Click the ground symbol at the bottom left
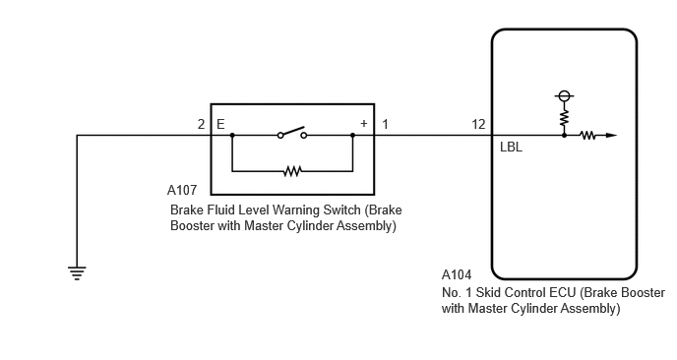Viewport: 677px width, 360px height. click(x=77, y=273)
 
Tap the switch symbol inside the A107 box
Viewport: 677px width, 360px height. click(x=292, y=133)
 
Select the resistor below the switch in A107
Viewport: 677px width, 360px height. click(x=292, y=171)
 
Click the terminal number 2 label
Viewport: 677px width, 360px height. click(x=201, y=124)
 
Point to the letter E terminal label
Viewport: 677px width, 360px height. click(x=220, y=124)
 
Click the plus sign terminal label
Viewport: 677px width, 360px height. click(x=363, y=124)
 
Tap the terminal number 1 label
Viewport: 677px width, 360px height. click(x=385, y=124)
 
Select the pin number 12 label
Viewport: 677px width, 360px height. click(x=478, y=124)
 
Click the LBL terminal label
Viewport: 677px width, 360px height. click(x=512, y=148)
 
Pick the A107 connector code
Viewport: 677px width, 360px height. click(x=182, y=190)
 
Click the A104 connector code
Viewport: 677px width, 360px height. click(x=457, y=274)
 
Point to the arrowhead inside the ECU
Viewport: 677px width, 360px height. click(x=611, y=135)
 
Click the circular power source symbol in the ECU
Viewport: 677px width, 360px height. click(x=564, y=95)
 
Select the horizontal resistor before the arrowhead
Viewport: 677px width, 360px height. click(x=588, y=135)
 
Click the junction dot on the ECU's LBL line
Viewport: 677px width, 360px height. click(x=564, y=135)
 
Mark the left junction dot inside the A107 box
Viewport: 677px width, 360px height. click(x=232, y=135)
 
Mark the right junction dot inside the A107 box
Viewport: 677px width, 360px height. click(x=352, y=135)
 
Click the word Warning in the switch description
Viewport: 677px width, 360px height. click(x=298, y=210)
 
